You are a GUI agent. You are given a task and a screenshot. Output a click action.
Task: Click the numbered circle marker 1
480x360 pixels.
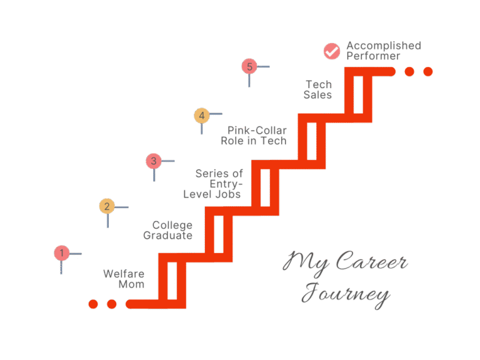coord(61,253)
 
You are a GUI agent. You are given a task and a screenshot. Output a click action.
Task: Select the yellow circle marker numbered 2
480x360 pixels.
coord(107,206)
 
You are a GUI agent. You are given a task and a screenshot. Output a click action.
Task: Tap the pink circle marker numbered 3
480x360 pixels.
coord(153,161)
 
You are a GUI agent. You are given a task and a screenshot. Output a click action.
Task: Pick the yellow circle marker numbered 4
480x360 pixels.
coord(201,115)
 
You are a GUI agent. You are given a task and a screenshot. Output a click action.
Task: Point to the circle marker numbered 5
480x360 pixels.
coord(249,66)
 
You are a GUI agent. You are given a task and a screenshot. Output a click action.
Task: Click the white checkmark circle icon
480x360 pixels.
coord(331,51)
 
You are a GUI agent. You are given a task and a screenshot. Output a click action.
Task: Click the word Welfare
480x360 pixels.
coord(124,274)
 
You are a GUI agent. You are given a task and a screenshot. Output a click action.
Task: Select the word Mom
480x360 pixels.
coord(131,284)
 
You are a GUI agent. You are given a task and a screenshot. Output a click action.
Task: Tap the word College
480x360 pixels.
coord(172,225)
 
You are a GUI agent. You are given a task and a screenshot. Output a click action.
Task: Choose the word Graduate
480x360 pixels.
coord(167,236)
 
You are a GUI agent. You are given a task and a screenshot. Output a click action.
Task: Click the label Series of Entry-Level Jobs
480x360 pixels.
coord(212,184)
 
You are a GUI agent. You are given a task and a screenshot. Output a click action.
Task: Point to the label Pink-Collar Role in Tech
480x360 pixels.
coord(254,136)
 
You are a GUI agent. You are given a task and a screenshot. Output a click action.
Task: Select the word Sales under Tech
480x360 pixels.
coord(318,95)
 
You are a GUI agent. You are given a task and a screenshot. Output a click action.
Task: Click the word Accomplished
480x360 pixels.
coord(384,46)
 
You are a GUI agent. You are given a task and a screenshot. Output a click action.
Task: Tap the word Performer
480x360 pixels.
coord(373,56)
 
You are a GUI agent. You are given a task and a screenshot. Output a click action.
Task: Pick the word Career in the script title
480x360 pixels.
coord(371,262)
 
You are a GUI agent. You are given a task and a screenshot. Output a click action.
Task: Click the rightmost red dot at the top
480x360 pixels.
coord(428,71)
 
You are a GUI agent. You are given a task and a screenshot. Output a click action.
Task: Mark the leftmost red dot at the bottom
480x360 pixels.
coord(93,304)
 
